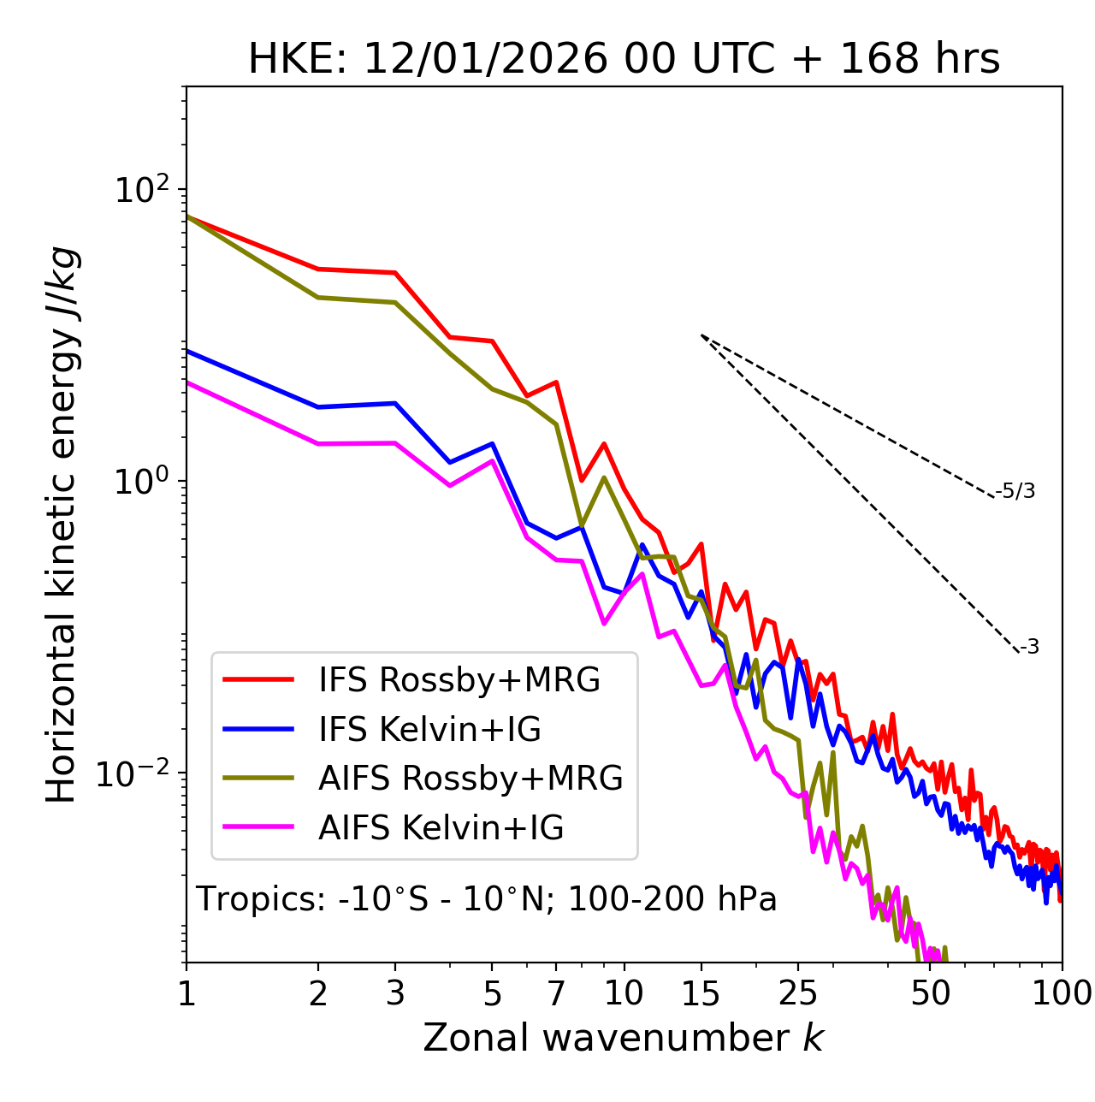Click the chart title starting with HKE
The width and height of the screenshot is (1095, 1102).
click(624, 59)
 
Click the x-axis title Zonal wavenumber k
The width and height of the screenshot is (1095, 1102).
click(623, 1038)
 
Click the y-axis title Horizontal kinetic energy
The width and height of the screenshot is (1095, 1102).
click(62, 524)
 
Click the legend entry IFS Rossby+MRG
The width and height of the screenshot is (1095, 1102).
click(459, 679)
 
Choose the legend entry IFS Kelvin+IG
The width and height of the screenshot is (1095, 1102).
click(429, 729)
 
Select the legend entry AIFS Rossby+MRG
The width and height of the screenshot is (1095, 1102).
click(471, 779)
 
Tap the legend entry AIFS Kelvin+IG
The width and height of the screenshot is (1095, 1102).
click(441, 827)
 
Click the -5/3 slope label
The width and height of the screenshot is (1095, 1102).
click(1015, 491)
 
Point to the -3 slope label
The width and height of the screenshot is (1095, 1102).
click(1029, 647)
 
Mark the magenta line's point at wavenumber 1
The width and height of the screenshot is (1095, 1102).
click(186, 382)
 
